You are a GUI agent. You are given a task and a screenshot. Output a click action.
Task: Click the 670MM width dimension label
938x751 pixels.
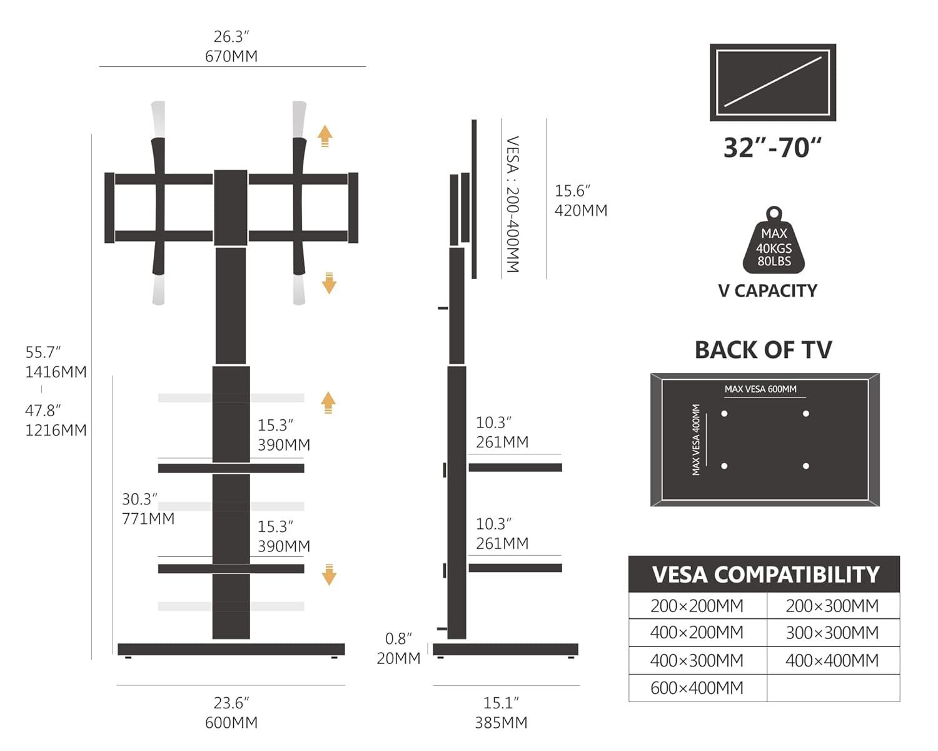click(x=231, y=56)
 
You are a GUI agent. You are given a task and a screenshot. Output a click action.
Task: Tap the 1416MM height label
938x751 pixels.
click(x=56, y=372)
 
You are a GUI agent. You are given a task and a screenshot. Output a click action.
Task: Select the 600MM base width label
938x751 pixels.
click(x=231, y=722)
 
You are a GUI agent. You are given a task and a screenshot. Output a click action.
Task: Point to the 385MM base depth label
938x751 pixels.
click(x=501, y=722)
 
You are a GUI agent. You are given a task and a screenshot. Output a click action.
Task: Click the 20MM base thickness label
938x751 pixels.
click(x=398, y=658)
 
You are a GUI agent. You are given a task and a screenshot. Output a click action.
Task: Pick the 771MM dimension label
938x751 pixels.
click(x=148, y=519)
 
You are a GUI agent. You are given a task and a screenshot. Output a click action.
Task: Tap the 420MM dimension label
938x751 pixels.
click(x=581, y=210)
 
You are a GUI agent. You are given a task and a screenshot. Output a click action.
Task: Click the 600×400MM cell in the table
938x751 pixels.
click(x=697, y=688)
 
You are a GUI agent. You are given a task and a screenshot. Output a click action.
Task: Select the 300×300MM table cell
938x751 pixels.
click(x=832, y=633)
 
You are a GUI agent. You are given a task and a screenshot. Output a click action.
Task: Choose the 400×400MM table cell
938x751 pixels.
click(x=832, y=660)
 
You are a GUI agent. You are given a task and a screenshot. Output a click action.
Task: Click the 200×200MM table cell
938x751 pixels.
click(x=697, y=606)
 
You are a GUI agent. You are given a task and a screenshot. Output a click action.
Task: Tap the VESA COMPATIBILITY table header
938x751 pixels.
click(x=765, y=575)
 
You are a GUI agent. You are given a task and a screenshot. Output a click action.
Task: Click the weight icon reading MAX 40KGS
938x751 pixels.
click(x=774, y=243)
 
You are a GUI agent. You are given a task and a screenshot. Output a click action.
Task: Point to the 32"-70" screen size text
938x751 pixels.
click(x=772, y=148)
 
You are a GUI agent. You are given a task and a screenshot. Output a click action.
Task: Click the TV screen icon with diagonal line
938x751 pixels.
click(x=773, y=82)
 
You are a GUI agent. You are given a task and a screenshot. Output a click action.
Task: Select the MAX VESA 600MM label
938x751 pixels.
click(x=760, y=389)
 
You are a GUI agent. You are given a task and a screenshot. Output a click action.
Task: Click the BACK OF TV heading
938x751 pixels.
click(x=763, y=350)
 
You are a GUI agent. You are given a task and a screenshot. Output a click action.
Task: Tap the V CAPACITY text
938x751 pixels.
click(x=767, y=290)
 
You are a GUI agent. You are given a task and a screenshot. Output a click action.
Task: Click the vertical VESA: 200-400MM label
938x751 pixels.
click(x=513, y=204)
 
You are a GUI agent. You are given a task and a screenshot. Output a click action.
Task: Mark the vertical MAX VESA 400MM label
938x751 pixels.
click(x=697, y=439)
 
